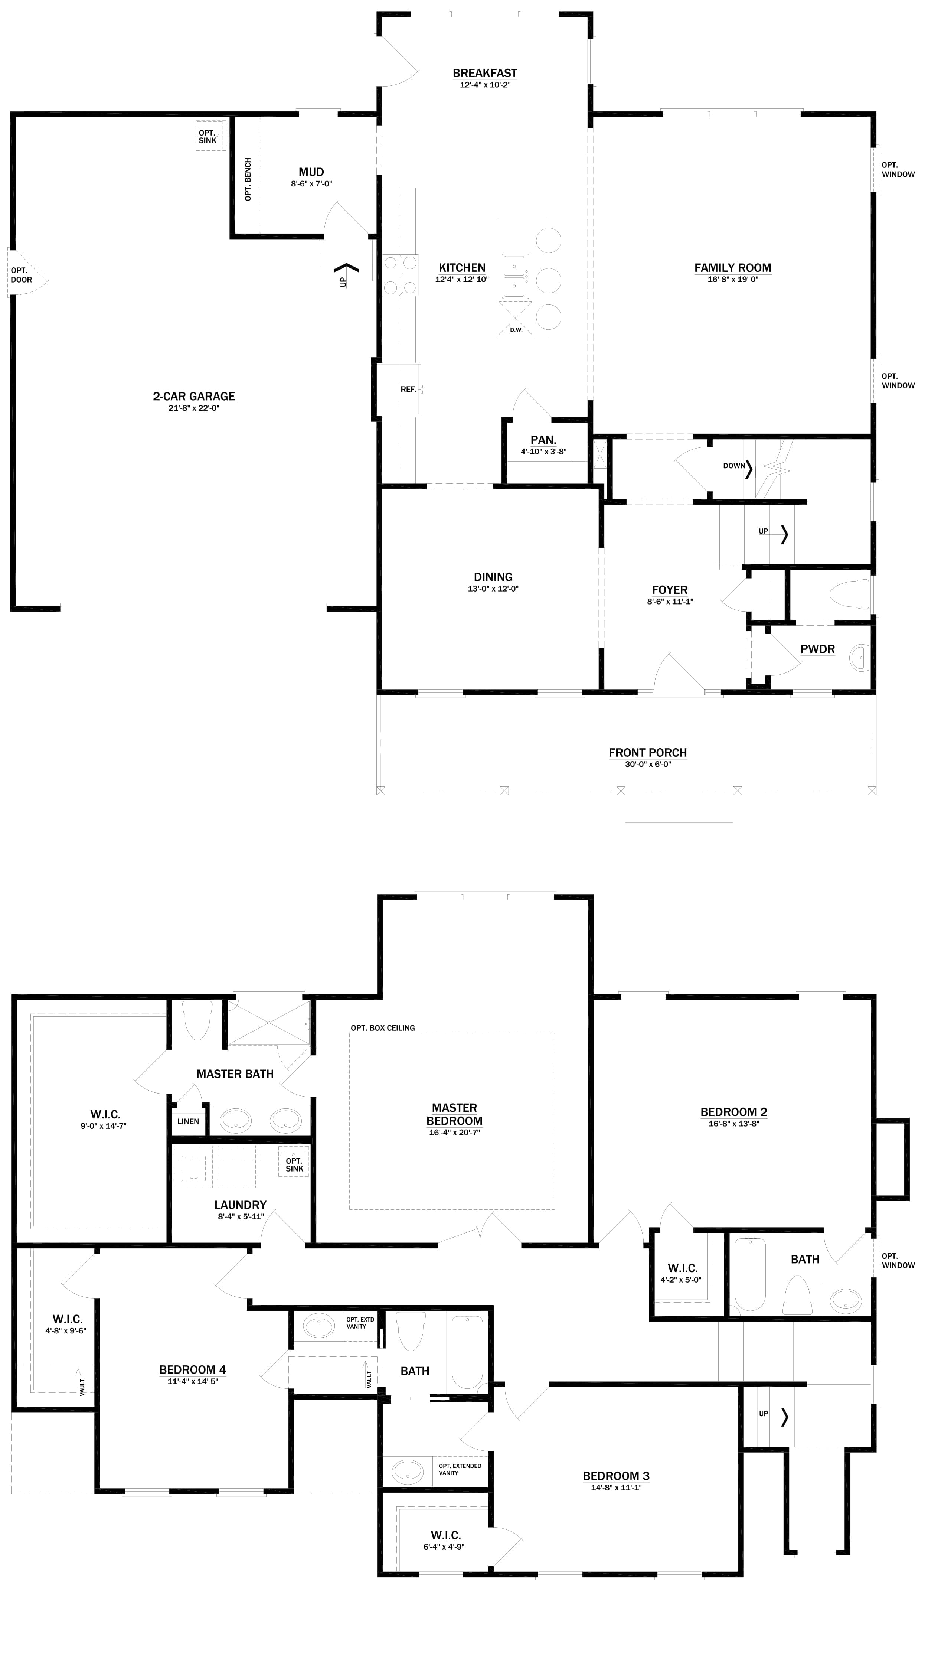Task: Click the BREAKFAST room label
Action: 485,73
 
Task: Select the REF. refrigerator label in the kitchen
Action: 408,389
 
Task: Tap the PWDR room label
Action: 817,649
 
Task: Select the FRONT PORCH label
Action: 647,752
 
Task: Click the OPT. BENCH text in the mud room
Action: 248,179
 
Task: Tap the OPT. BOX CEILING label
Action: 383,1028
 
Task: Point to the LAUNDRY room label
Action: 241,1205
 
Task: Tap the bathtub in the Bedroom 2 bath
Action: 749,1273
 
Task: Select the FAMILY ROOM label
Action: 733,268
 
